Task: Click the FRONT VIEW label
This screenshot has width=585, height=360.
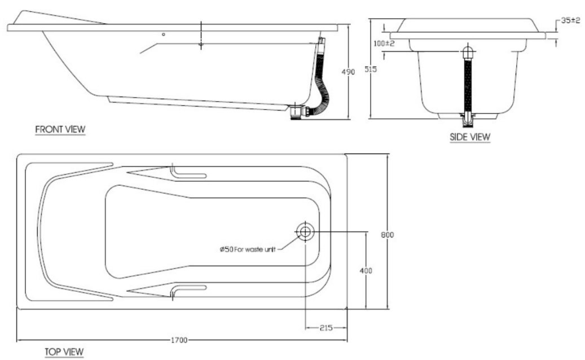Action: (60, 129)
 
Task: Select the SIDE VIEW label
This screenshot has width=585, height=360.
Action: (470, 137)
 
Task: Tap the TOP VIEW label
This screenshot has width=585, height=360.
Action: (64, 352)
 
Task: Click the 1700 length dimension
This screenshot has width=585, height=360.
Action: (179, 340)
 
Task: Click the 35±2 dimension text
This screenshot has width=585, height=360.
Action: (570, 20)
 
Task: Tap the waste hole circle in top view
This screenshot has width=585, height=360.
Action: (305, 231)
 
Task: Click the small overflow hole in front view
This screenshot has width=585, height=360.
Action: (164, 34)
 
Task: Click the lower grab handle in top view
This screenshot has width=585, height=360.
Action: (189, 289)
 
